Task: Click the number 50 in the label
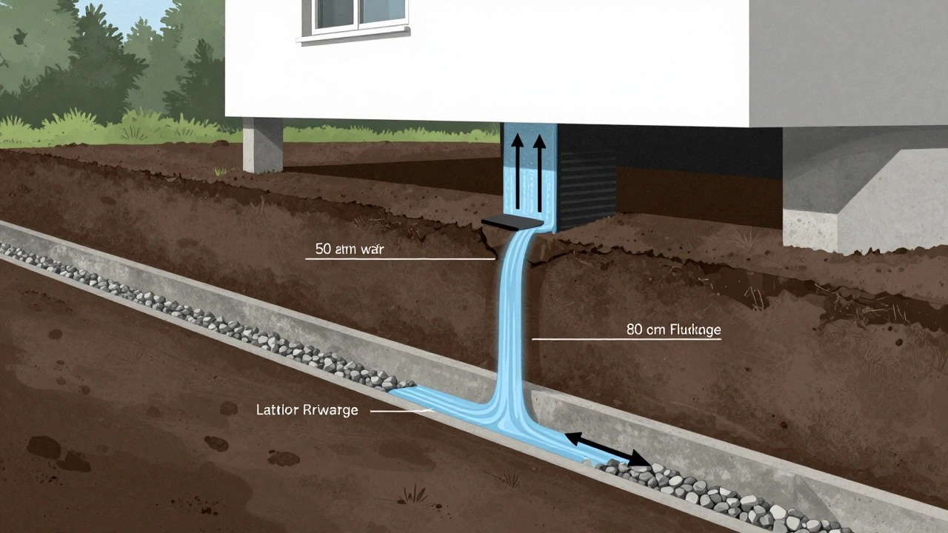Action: (x=324, y=249)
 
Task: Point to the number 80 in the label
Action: (x=635, y=329)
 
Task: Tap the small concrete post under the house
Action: (x=263, y=144)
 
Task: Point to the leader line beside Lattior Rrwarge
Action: (x=400, y=410)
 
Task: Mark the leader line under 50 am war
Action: (x=400, y=259)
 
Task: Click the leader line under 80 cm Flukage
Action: (x=626, y=339)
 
